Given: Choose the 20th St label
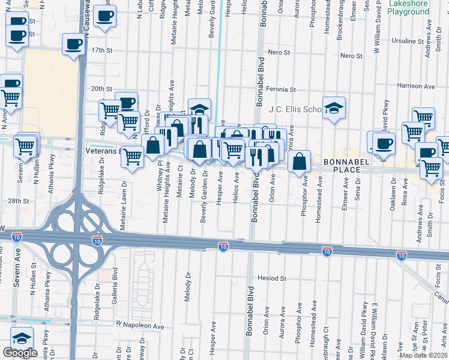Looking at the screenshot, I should pos(101,88).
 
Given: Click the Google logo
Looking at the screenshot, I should pos(20,353).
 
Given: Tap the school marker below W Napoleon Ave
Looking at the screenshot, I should pos(22,338).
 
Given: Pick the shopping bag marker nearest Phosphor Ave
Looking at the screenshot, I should pos(298,160).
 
